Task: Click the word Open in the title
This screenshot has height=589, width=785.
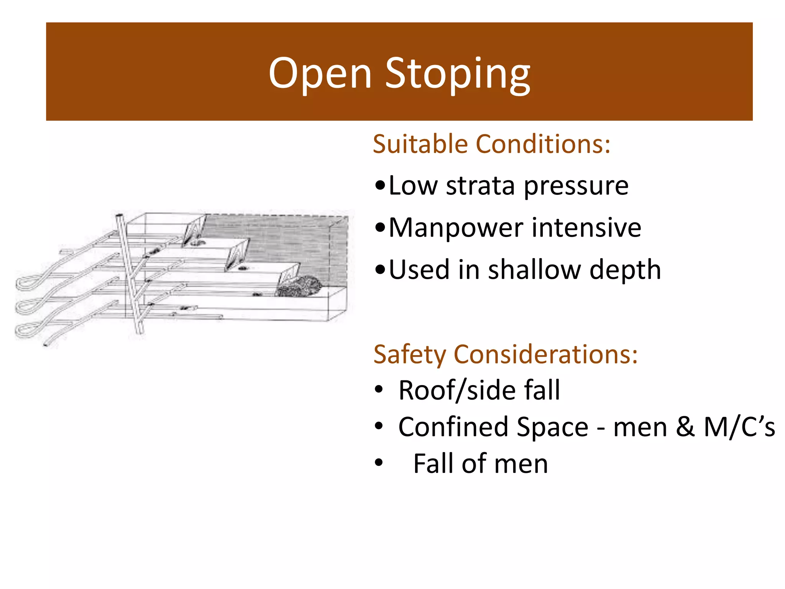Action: (x=320, y=73)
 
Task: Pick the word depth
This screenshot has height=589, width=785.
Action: (x=625, y=270)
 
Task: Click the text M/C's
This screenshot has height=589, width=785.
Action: (x=739, y=427)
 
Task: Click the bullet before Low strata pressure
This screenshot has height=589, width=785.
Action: (x=380, y=186)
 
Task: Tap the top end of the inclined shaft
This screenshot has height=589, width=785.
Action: (x=119, y=217)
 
